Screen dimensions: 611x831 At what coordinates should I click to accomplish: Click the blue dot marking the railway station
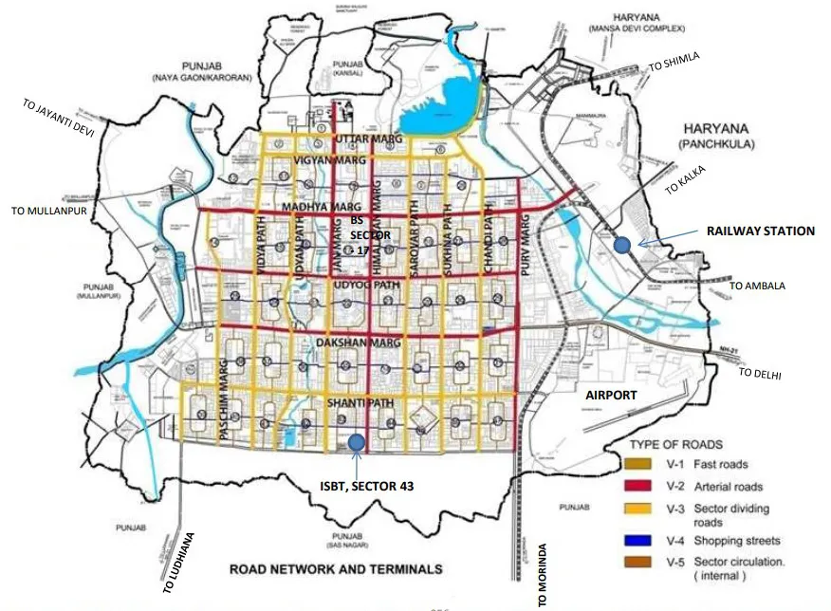click(x=622, y=245)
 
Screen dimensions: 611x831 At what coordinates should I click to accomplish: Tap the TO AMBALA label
click(x=757, y=285)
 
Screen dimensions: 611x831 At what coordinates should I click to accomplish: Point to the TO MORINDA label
click(x=543, y=575)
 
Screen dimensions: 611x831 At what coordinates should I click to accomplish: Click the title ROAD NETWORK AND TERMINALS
click(x=335, y=569)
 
